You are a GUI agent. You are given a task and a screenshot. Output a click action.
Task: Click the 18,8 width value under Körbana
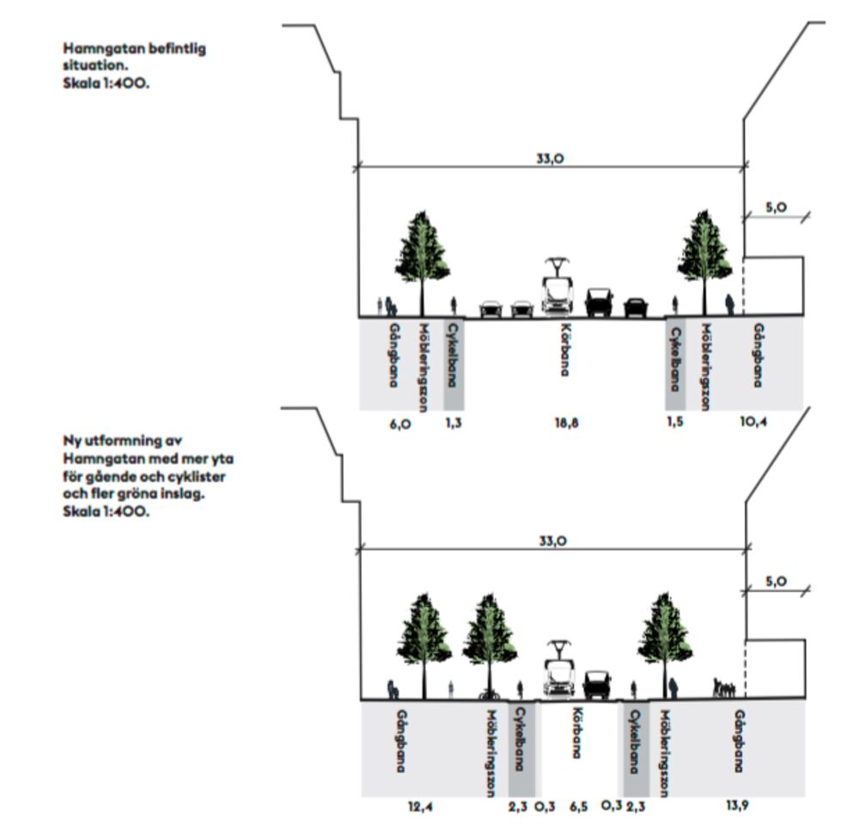click(566, 422)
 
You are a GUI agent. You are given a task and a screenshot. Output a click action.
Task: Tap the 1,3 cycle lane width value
click(453, 422)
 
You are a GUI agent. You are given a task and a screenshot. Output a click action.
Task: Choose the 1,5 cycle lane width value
click(675, 422)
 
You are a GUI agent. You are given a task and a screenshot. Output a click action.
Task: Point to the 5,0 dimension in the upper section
click(777, 206)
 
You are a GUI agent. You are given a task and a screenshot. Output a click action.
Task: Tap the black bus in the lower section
click(597, 684)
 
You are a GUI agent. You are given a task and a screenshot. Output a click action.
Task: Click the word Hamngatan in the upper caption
click(96, 49)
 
